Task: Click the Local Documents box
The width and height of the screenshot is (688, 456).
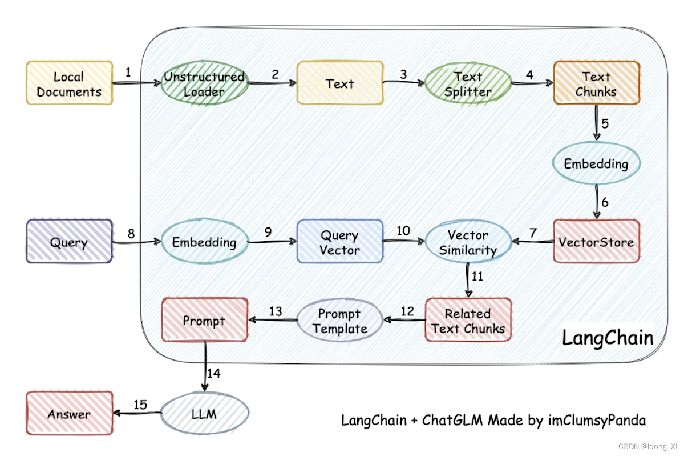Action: pyautogui.click(x=69, y=83)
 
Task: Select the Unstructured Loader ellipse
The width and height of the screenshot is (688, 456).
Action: pyautogui.click(x=204, y=83)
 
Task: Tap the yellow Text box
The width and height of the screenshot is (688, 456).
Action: pyautogui.click(x=339, y=83)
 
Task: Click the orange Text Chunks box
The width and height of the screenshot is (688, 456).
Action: pyautogui.click(x=596, y=83)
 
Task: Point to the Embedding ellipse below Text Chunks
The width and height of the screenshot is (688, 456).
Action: pyautogui.click(x=596, y=164)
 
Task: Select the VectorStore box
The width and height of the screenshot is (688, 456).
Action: pyautogui.click(x=596, y=242)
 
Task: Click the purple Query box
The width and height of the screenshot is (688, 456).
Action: pyautogui.click(x=69, y=242)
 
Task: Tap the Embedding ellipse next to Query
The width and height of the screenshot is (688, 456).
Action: pyautogui.click(x=204, y=242)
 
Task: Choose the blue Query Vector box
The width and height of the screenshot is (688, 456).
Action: pyautogui.click(x=339, y=242)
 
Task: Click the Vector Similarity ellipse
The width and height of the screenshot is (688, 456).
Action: pyautogui.click(x=468, y=242)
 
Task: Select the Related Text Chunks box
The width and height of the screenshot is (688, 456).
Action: pyautogui.click(x=468, y=321)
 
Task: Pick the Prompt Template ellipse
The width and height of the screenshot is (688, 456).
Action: pyautogui.click(x=339, y=321)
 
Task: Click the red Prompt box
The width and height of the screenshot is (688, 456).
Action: pyautogui.click(x=204, y=321)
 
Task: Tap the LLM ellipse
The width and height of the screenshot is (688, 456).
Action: pyautogui.click(x=204, y=414)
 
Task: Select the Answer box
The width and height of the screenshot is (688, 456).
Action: pyautogui.click(x=69, y=414)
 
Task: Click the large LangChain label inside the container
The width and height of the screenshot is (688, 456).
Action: pyautogui.click(x=608, y=338)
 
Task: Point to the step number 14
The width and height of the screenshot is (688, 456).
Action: pyautogui.click(x=213, y=373)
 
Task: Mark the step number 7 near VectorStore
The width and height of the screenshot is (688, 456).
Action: pyautogui.click(x=533, y=233)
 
